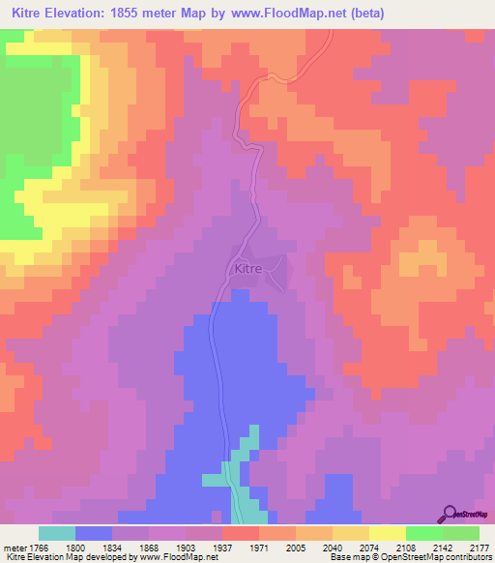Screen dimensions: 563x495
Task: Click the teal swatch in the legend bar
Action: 57,533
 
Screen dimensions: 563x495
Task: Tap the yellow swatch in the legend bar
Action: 387,533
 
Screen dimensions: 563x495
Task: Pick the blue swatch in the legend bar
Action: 94,533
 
